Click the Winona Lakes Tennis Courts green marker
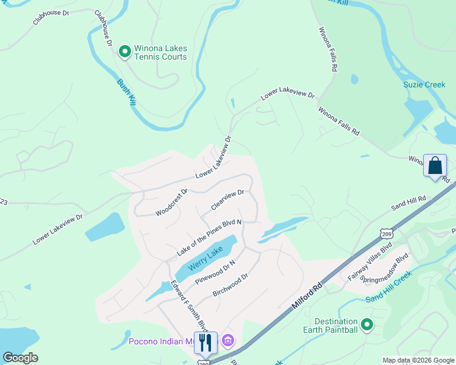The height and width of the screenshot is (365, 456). [x=125, y=52]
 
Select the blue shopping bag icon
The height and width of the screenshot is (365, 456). [x=435, y=165]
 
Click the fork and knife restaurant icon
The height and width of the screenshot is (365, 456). [x=205, y=343]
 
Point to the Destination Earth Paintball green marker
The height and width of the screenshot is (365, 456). [x=366, y=325]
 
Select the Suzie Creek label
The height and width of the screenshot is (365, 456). [x=424, y=85]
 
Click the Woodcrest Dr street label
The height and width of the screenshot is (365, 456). [x=171, y=202]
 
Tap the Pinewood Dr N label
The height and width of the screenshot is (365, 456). [x=215, y=271]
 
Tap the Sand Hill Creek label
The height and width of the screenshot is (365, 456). [x=389, y=286]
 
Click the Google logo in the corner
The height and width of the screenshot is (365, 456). [x=21, y=357]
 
